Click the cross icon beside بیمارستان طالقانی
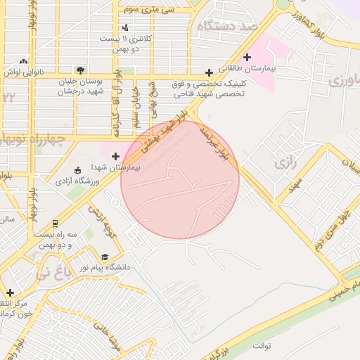tap(247, 57)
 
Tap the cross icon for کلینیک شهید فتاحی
tap(209, 72)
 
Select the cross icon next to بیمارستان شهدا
tap(115, 155)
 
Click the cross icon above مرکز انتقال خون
tap(10, 292)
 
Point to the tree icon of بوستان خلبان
tap(81, 70)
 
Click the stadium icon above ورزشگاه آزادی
tap(77, 170)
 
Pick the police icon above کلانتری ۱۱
tap(125, 27)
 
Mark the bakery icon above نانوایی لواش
tap(25, 62)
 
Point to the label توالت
tap(262, 346)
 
